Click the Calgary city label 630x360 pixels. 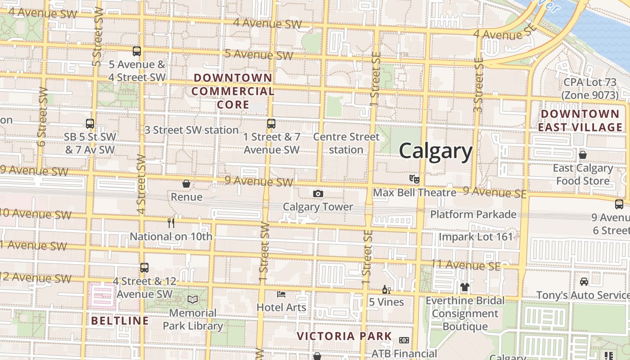coord(436,151)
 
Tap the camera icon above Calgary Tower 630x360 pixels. coord(318,194)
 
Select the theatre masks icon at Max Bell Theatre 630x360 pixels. coord(414,179)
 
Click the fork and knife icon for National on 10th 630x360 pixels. coord(171,223)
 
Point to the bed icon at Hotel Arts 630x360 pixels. coord(281,294)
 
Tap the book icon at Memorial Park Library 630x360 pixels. coord(193,299)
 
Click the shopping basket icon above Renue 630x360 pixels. coord(186,184)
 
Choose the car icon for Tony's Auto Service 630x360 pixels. coord(584,282)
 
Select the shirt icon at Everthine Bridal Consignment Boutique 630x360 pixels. coord(465,287)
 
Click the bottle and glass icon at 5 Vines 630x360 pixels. coord(386,289)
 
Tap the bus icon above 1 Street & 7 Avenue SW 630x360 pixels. coord(271,123)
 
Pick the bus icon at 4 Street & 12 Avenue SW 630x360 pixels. coord(144,268)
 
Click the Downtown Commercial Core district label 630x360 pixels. coord(233,91)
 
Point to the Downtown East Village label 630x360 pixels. coord(580,121)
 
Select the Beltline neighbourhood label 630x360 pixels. coord(120,321)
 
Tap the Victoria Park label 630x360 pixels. coord(344,336)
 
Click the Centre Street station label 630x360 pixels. coord(346,143)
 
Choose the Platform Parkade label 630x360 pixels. coord(473,214)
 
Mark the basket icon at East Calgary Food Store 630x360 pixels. coord(583,155)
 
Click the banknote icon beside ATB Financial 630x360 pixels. coord(404,340)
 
